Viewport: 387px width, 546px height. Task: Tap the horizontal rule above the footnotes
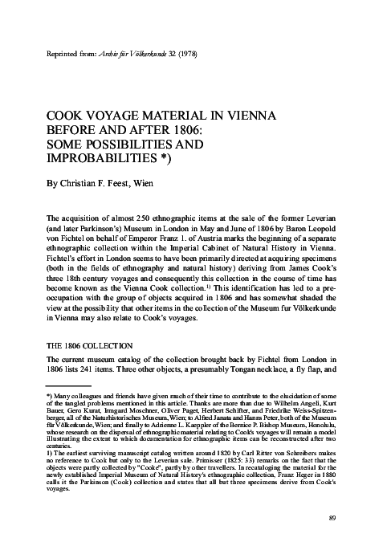(68, 385)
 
